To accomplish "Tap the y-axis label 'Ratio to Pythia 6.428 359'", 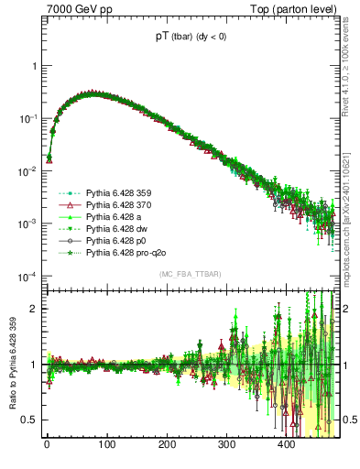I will [13, 367].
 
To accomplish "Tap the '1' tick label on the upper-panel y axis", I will [34, 66].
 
